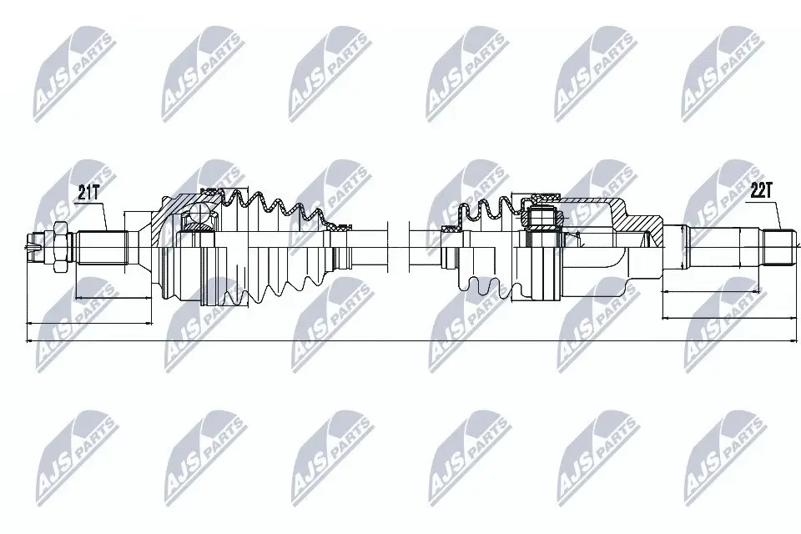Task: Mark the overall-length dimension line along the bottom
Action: click(x=400, y=340)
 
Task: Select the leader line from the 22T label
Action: click(x=774, y=215)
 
